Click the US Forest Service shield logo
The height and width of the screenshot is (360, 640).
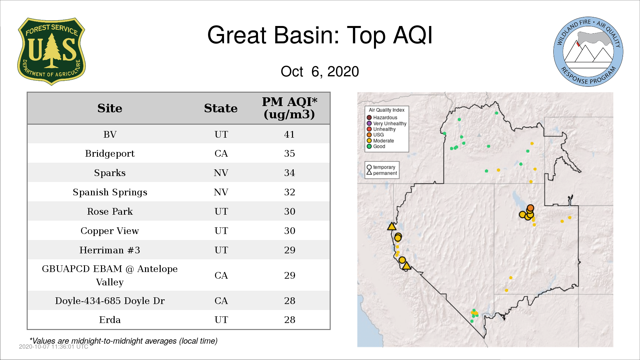[51, 52]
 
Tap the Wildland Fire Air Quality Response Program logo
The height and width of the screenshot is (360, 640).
[588, 52]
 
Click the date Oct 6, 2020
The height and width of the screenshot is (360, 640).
[320, 71]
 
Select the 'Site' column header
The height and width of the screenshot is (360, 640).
[110, 108]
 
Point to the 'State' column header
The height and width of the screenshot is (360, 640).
[221, 108]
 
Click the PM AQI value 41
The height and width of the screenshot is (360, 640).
[289, 134]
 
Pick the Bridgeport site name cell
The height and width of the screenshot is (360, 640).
[110, 154]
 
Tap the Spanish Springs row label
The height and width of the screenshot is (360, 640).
[110, 192]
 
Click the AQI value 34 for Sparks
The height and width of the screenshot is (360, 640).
[289, 173]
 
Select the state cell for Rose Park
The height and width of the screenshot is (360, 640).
[221, 211]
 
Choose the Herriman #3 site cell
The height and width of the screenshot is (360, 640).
[110, 250]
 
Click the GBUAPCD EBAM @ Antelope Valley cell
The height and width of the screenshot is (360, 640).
[110, 275]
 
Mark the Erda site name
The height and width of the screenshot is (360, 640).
[110, 320]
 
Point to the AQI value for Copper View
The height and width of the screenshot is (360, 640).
[289, 231]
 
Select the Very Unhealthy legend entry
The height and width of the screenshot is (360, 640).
[387, 123]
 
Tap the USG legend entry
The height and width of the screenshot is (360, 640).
[375, 135]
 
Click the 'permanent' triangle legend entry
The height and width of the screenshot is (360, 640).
[382, 173]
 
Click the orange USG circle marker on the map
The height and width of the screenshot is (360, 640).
[530, 208]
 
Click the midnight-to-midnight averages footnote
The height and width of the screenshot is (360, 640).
[124, 341]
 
